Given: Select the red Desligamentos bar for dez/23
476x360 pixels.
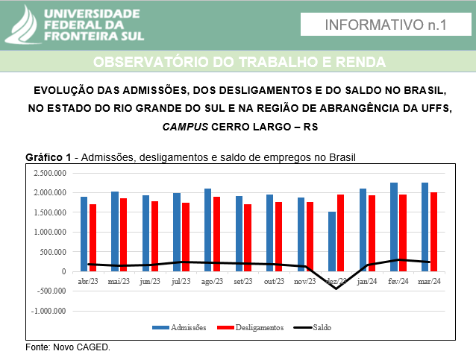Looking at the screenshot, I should pyautogui.click(x=341, y=232).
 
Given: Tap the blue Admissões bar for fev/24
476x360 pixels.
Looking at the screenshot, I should pyautogui.click(x=394, y=226).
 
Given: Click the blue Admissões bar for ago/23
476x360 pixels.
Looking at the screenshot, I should pyautogui.click(x=207, y=230).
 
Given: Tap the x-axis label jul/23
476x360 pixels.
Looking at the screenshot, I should pyautogui.click(x=181, y=282).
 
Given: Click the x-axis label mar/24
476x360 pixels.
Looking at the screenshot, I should pyautogui.click(x=429, y=282).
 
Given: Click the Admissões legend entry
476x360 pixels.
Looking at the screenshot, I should pyautogui.click(x=179, y=327).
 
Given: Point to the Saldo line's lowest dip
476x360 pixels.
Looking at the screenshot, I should pyautogui.click(x=336, y=288).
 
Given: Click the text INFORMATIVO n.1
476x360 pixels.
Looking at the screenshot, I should pyautogui.click(x=386, y=25).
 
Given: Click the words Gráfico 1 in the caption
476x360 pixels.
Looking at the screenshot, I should pyautogui.click(x=48, y=157).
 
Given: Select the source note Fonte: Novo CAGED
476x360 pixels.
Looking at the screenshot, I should pyautogui.click(x=68, y=347).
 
